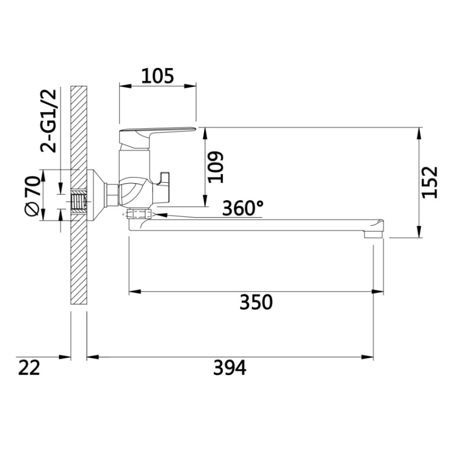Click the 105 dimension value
coord(157,76)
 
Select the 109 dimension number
coord(216,167)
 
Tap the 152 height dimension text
coord(430,182)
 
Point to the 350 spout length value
coord(256,302)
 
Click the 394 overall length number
coord(229,368)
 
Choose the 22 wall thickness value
coord(29,368)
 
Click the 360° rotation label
coord(243,208)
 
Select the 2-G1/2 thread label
coord(49,121)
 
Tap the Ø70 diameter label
coord(32,195)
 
